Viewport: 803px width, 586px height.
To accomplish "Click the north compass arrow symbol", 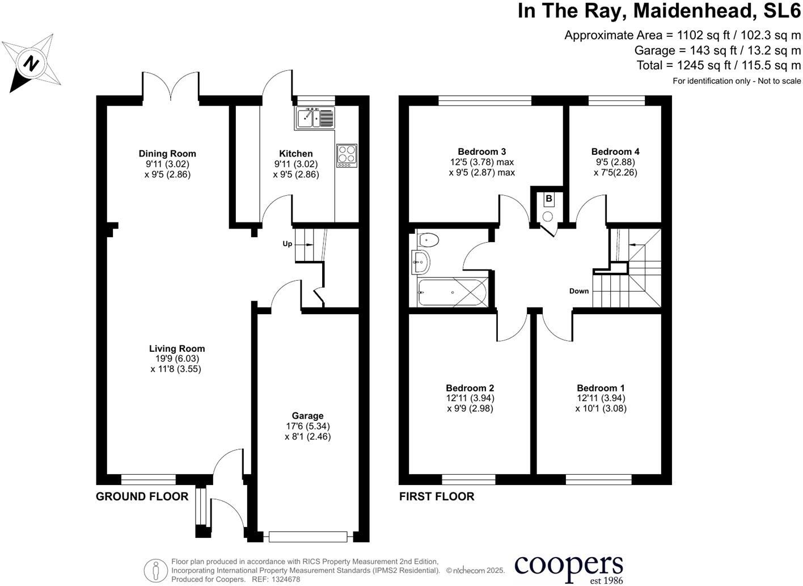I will click(x=32, y=63).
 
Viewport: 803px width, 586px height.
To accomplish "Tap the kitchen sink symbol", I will click(x=315, y=119).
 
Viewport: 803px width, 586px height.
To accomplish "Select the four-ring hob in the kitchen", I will click(x=346, y=155).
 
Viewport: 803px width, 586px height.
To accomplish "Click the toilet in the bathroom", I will click(x=428, y=240).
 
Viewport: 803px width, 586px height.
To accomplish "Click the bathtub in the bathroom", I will click(x=451, y=292).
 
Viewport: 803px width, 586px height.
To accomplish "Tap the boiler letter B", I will click(x=548, y=199).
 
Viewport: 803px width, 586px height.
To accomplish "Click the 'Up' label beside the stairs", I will click(x=288, y=244).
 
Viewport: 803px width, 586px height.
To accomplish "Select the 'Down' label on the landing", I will click(x=579, y=291).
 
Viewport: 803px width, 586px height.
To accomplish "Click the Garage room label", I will click(x=307, y=416).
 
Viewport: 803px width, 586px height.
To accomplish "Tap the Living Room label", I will click(x=177, y=348).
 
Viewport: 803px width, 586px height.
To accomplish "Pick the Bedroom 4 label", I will click(x=615, y=151).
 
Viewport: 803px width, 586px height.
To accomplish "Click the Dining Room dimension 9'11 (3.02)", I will click(x=167, y=164).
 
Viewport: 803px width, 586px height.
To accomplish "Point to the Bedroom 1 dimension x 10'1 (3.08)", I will click(x=601, y=408).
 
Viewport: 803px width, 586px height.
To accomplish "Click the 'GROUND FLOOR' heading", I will click(x=142, y=496).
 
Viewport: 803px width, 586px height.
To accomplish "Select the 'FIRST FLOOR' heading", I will click(x=437, y=496).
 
